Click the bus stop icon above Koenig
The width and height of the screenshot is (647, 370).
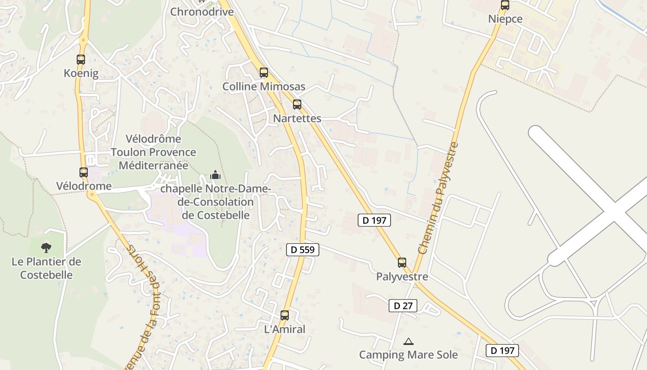click(x=81, y=59)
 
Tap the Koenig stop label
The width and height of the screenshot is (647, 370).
click(x=81, y=73)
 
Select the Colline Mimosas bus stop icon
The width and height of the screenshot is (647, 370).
click(x=264, y=72)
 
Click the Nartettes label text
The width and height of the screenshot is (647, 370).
click(x=297, y=118)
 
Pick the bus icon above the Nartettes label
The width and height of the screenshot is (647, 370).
click(x=297, y=104)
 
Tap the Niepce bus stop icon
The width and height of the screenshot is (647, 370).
click(x=505, y=5)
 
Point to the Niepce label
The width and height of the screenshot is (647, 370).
click(x=505, y=19)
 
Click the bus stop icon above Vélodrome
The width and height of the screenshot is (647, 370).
click(x=84, y=172)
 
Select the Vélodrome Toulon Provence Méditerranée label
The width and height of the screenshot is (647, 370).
click(x=153, y=152)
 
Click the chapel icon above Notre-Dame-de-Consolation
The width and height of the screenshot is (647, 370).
click(x=215, y=175)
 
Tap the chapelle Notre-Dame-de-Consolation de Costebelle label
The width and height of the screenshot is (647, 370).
click(x=215, y=202)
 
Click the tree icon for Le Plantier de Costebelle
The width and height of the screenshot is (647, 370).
click(x=46, y=247)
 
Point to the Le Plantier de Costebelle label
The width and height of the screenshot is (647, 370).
click(x=46, y=268)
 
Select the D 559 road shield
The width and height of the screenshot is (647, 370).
click(x=303, y=250)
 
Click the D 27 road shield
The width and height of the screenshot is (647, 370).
click(x=403, y=306)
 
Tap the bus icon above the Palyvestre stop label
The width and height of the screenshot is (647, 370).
click(x=402, y=262)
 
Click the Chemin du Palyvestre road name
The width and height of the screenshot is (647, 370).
click(x=439, y=198)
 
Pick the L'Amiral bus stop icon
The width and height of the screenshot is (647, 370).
click(x=285, y=315)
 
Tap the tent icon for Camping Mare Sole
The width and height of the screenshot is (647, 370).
click(x=408, y=342)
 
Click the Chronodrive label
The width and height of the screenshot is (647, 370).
click(x=202, y=12)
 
